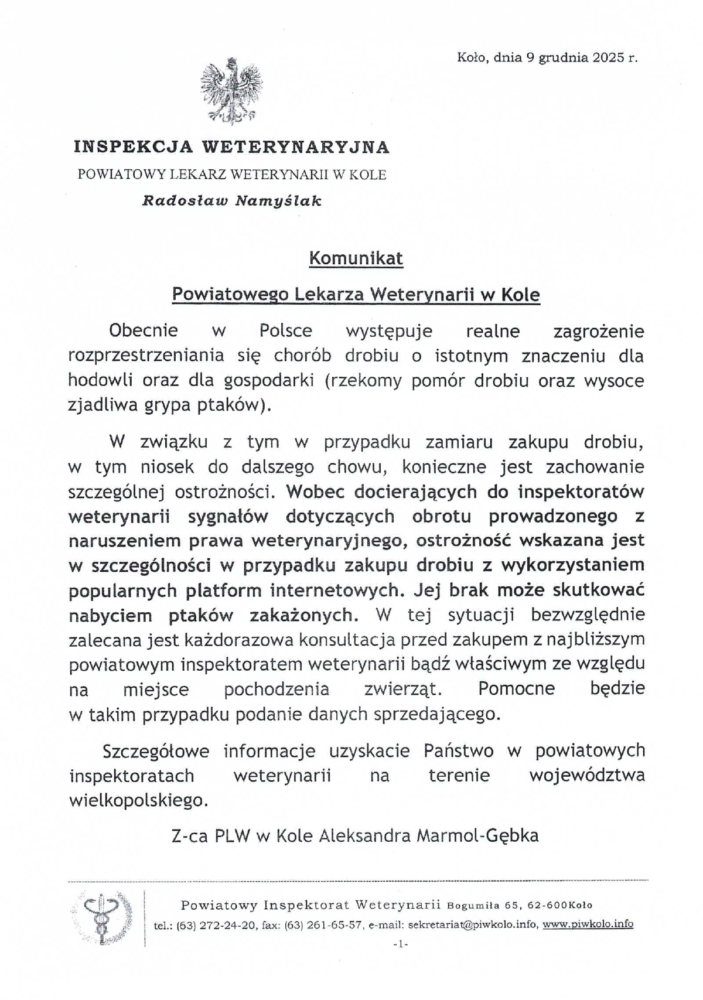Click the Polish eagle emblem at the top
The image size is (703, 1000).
[231, 90]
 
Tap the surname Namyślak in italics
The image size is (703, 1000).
[278, 201]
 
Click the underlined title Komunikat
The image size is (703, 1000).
[356, 258]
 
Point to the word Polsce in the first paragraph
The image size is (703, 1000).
[286, 330]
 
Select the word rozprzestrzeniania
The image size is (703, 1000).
[146, 356]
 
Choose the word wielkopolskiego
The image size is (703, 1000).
[138, 800]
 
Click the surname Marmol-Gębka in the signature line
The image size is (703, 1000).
[477, 835]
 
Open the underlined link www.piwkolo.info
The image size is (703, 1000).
[588, 924]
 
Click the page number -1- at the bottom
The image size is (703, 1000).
[400, 944]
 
